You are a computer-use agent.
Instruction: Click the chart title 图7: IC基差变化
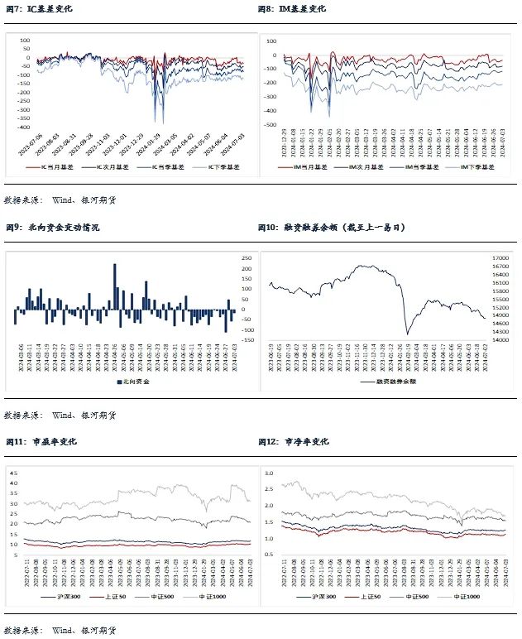tap(41, 10)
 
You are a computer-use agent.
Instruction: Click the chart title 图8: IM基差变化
tap(292, 10)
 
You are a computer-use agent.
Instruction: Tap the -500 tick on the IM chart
tap(271, 123)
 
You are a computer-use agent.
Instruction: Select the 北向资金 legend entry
tap(132, 382)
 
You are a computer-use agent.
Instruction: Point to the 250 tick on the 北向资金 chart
tap(247, 258)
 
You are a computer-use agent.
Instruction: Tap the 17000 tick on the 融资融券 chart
tap(500, 258)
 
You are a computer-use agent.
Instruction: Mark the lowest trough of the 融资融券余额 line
tap(408, 334)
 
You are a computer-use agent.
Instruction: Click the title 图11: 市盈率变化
tap(41, 442)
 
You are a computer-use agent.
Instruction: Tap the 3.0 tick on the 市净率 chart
tap(267, 472)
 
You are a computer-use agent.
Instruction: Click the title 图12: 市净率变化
tap(293, 442)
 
